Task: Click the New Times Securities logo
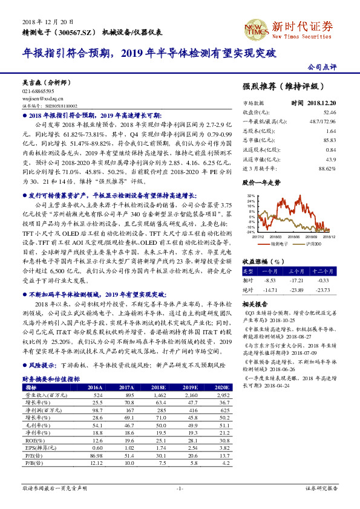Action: [303, 28]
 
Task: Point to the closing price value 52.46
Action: [329, 112]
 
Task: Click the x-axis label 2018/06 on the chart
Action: [295, 237]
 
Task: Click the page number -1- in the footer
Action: [180, 488]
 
